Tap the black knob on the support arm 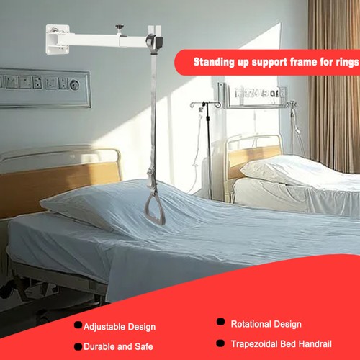click(x=120, y=27)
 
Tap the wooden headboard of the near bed click(x=60, y=182)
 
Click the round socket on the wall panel click(x=75, y=84)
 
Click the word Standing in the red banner click(x=214, y=62)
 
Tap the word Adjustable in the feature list click(x=104, y=328)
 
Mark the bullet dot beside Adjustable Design click(x=78, y=325)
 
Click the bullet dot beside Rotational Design click(x=220, y=322)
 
